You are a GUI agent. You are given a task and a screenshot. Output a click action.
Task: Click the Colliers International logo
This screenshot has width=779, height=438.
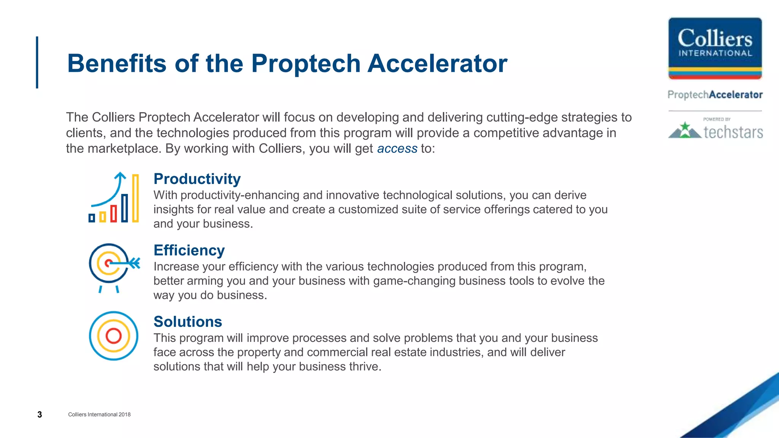coord(715,48)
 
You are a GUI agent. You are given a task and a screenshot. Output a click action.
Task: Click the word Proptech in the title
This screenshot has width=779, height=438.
coord(305,63)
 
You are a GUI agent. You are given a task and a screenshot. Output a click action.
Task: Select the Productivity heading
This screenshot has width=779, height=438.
coord(197,179)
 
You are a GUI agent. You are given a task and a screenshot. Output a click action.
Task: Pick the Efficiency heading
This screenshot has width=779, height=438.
coord(189,250)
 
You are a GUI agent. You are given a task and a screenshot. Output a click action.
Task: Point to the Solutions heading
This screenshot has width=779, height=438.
coord(188,322)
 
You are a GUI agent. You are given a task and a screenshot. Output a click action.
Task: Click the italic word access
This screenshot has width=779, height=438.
coord(397,148)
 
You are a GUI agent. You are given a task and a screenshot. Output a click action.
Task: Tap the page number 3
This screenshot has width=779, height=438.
coord(40,414)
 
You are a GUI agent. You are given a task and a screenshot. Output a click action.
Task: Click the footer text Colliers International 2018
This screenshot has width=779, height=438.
coord(99,414)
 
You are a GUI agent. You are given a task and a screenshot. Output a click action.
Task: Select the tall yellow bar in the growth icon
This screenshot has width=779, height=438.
coord(135,198)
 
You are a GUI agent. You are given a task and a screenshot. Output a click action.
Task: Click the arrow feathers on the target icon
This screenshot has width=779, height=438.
coord(135,263)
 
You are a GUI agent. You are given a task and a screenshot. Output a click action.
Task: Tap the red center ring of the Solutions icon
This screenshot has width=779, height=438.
coord(113,336)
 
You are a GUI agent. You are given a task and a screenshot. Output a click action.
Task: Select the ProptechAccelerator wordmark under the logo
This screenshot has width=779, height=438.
coord(715,95)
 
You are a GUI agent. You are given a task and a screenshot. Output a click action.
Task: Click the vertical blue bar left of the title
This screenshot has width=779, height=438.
coord(37,62)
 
